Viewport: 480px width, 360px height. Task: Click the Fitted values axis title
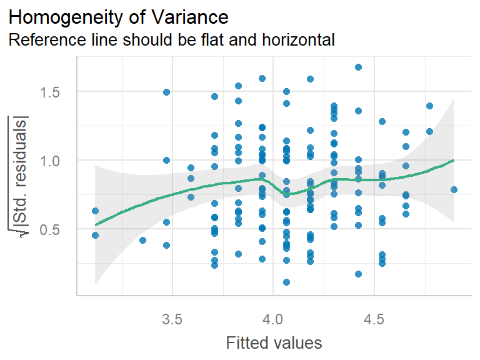pos(274,343)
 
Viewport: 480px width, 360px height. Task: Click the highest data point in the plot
pos(358,67)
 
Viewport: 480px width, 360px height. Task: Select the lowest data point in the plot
pos(286,282)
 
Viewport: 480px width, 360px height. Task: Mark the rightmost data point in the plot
pos(454,189)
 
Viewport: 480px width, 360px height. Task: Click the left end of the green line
pos(96,224)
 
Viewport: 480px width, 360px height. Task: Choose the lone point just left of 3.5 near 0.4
pos(142,240)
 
